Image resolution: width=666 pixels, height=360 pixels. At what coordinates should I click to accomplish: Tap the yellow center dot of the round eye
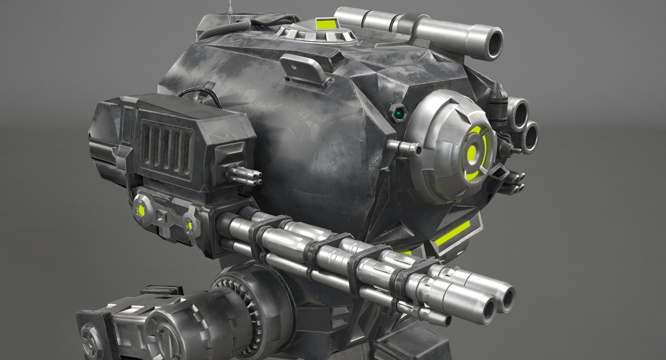[472, 152]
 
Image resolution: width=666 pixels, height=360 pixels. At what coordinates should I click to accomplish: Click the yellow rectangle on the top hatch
[325, 24]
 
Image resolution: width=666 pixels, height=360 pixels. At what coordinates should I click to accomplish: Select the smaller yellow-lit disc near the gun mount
[190, 225]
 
